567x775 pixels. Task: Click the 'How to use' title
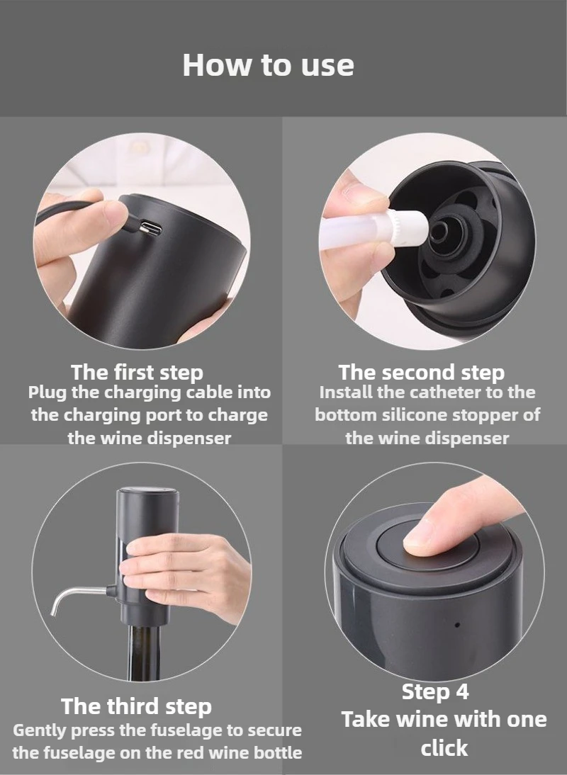click(x=269, y=64)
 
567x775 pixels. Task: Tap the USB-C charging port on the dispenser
click(x=150, y=228)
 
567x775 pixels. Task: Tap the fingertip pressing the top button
click(x=420, y=541)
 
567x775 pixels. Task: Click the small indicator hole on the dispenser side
click(x=457, y=626)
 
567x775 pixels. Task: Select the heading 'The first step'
click(x=137, y=372)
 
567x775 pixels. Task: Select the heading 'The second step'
click(x=421, y=372)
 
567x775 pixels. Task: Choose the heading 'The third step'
click(x=137, y=706)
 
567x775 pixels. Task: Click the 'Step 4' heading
click(x=435, y=691)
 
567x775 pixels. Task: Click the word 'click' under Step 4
click(x=444, y=748)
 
